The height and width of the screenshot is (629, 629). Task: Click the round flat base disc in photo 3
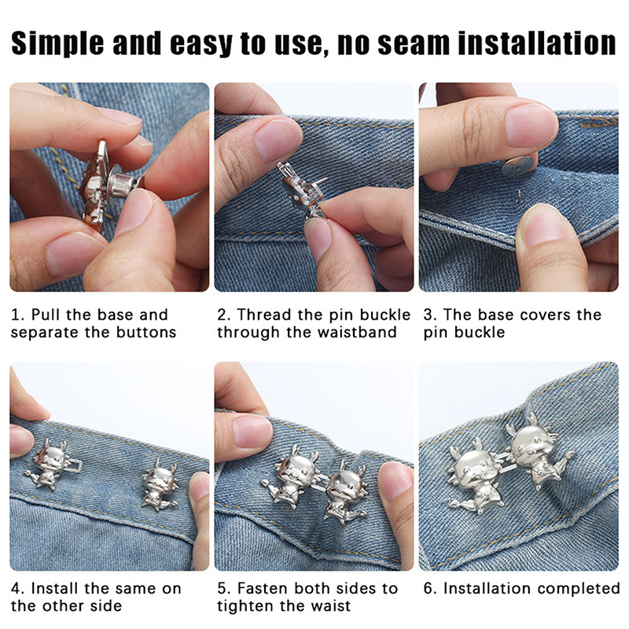pos(517,165)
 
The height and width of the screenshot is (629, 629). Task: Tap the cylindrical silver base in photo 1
pos(120,184)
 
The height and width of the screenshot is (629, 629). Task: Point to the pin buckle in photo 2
pos(302,189)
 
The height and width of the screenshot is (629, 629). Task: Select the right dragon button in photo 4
pos(160,486)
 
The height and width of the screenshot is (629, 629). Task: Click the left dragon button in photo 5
pos(292,476)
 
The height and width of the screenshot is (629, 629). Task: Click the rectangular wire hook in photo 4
pos(74,465)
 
